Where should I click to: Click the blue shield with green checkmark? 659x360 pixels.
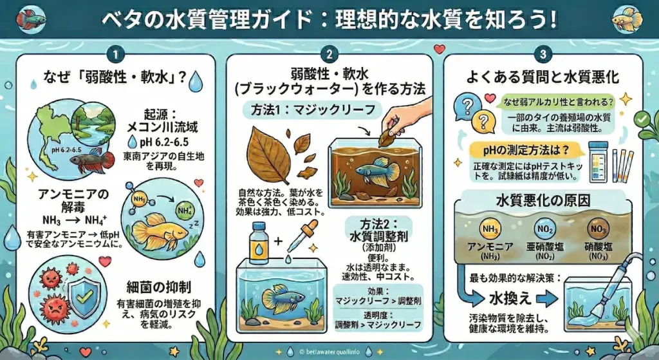(x=84, y=294)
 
